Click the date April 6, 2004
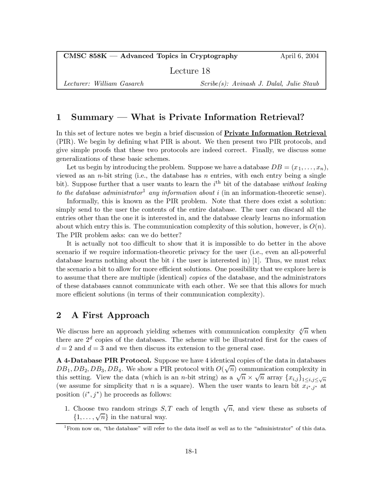[299, 56]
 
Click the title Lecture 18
[190, 71]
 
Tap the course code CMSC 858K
[85, 56]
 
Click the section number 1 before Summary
[59, 117]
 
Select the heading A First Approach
[110, 315]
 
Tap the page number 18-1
[191, 451]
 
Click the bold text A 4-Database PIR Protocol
[104, 360]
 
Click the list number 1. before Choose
[68, 409]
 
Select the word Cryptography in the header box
[214, 56]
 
